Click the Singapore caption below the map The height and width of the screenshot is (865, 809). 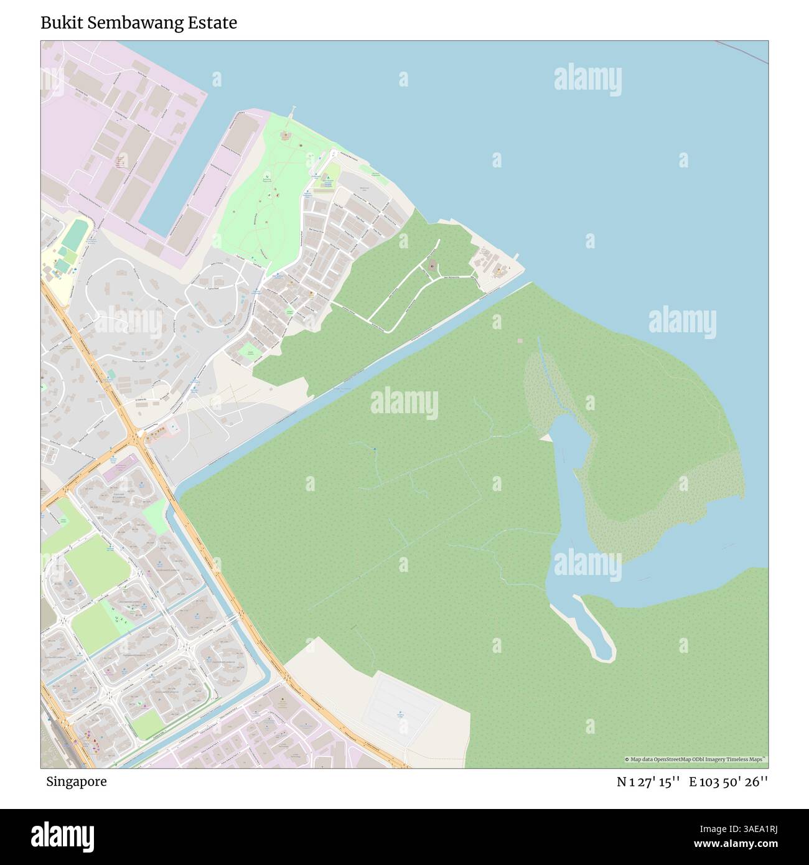pos(75,782)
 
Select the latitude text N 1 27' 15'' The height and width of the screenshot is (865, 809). pos(648,782)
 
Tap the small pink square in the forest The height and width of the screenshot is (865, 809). pos(520,341)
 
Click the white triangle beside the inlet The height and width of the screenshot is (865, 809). pos(546,439)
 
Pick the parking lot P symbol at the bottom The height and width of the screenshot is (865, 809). pos(400,713)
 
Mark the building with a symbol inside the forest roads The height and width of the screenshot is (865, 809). pos(432,268)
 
